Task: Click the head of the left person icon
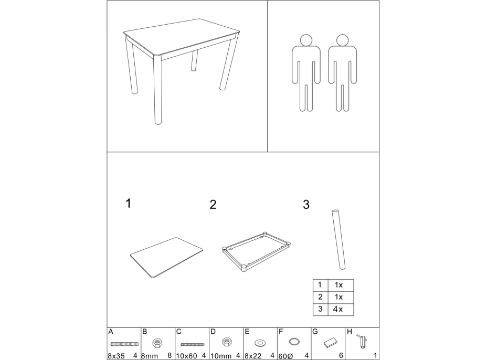pyautogui.click(x=306, y=40)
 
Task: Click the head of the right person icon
pyautogui.click(x=342, y=40)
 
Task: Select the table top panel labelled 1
pyautogui.click(x=166, y=258)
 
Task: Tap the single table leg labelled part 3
pyautogui.click(x=338, y=240)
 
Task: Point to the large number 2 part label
pyautogui.click(x=213, y=205)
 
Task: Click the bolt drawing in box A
pyautogui.click(x=124, y=344)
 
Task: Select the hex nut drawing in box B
pyautogui.click(x=158, y=343)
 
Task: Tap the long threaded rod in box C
pyautogui.click(x=193, y=344)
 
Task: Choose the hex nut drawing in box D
pyautogui.click(x=227, y=342)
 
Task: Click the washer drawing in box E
pyautogui.click(x=260, y=343)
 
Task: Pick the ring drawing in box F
pyautogui.click(x=294, y=342)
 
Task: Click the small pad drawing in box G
pyautogui.click(x=330, y=343)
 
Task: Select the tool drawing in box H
pyautogui.click(x=363, y=341)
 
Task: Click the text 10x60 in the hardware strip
pyautogui.click(x=186, y=356)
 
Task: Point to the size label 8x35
pyautogui.click(x=116, y=356)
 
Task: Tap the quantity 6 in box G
pyautogui.click(x=341, y=356)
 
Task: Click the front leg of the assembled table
pyautogui.click(x=158, y=90)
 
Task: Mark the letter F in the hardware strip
pyautogui.click(x=281, y=332)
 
